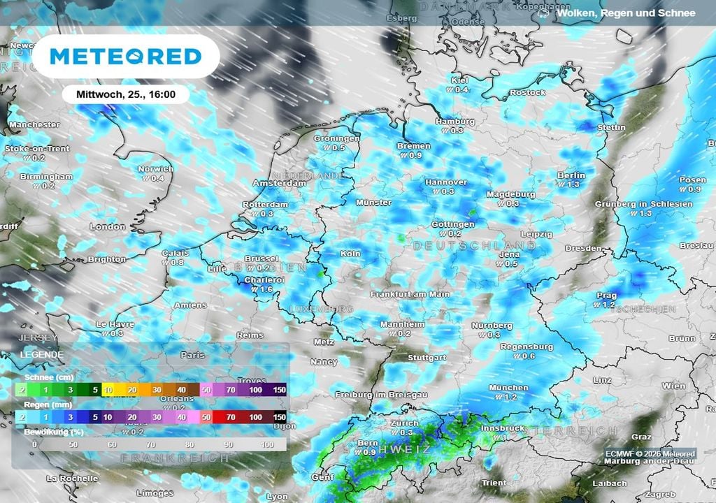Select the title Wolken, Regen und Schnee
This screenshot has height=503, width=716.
(626, 13)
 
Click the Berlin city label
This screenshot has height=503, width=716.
(571, 175)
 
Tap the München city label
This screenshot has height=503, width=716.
(508, 388)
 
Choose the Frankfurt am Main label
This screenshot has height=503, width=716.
(410, 294)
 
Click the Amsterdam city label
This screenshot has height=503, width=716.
(280, 183)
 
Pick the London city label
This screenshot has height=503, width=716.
(108, 227)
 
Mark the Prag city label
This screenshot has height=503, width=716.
(606, 296)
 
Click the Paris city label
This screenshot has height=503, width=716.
(192, 355)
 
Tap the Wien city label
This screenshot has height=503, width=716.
(674, 386)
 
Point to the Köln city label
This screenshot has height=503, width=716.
(350, 254)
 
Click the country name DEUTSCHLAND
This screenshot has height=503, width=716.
(474, 247)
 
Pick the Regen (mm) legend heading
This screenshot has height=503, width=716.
(38, 404)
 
